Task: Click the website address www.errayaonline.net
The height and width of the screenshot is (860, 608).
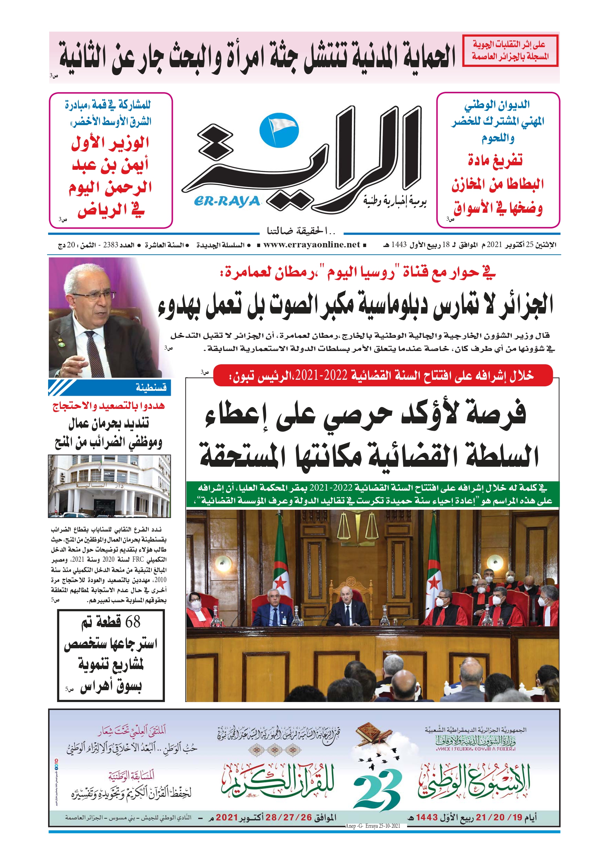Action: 311,245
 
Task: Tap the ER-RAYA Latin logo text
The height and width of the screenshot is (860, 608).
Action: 227,202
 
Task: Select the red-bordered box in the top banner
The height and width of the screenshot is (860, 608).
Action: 510,51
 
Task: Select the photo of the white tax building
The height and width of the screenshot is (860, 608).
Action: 109,486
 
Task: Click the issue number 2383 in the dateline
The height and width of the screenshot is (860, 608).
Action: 111,245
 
